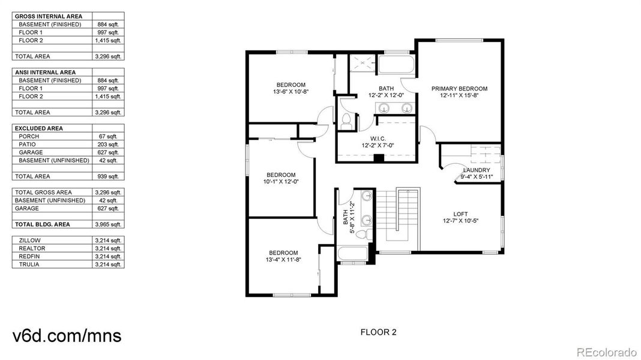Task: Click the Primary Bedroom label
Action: coord(459,89)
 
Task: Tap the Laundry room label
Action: coord(477,170)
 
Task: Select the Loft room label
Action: coord(460,214)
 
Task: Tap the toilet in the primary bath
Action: coord(346,121)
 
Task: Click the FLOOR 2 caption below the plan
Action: coord(378,332)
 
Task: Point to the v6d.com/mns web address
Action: coord(66,336)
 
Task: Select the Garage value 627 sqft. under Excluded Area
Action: coord(108,152)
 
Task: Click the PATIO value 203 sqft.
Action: coord(108,145)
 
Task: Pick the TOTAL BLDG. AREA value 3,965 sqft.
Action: coord(108,224)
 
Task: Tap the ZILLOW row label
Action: coord(30,240)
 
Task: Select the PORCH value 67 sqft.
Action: coord(110,137)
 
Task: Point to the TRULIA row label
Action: coord(29,264)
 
